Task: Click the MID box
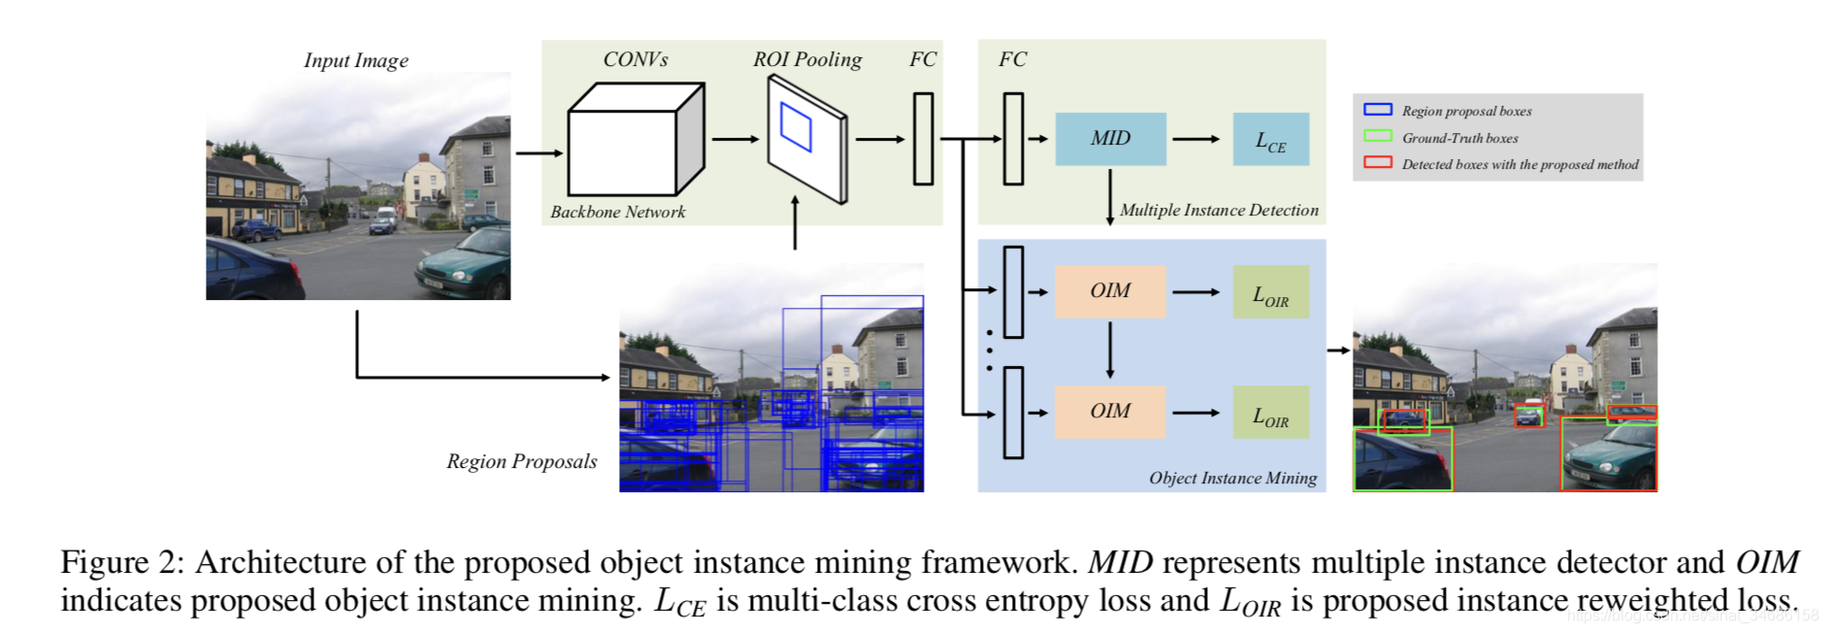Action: coord(1110,139)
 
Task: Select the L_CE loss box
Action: coord(1270,140)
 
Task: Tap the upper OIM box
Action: coord(1110,291)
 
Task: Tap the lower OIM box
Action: coord(1110,412)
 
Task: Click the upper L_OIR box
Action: coord(1271,293)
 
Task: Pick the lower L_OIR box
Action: coord(1271,414)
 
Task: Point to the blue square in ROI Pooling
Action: coord(796,127)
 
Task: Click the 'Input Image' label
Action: coord(356,60)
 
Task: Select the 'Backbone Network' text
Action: coord(617,212)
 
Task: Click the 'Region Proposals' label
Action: coord(521,461)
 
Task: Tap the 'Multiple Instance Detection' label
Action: coord(1219,210)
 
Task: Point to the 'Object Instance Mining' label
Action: coord(1232,478)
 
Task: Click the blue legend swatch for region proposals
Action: coord(1378,110)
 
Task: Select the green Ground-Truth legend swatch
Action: coord(1378,136)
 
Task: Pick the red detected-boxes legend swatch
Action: coord(1378,162)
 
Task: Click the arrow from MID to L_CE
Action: coord(1195,139)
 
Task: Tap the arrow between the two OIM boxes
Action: coord(1110,350)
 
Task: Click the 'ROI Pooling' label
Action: coord(807,59)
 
